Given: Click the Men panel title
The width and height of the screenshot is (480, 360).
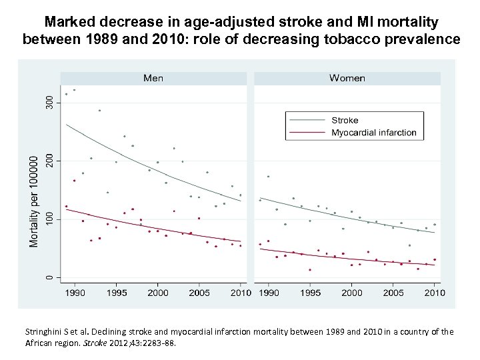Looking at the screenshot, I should pyautogui.click(x=153, y=78).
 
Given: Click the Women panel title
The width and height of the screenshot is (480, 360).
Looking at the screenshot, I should pyautogui.click(x=347, y=78).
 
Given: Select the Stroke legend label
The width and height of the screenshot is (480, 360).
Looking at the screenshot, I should pyautogui.click(x=345, y=121).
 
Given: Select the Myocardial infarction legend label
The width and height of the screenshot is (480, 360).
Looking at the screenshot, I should pyautogui.click(x=374, y=133).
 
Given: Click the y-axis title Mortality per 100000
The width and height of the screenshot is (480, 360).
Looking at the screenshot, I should pyautogui.click(x=34, y=201).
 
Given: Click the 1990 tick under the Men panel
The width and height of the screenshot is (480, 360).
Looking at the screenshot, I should pyautogui.click(x=75, y=292).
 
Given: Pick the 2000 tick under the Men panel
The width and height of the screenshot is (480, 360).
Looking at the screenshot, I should pyautogui.click(x=157, y=292).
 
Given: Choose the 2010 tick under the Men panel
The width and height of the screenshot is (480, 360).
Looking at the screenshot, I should pyautogui.click(x=240, y=292).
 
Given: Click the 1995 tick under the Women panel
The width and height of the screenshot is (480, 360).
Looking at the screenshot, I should pyautogui.click(x=310, y=292).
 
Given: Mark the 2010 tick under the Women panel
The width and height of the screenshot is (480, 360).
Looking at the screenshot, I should pyautogui.click(x=434, y=292).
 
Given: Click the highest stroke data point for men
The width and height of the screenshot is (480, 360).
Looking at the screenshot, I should pyautogui.click(x=74, y=90).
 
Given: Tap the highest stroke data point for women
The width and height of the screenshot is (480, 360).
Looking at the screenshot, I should pyautogui.click(x=268, y=177).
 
